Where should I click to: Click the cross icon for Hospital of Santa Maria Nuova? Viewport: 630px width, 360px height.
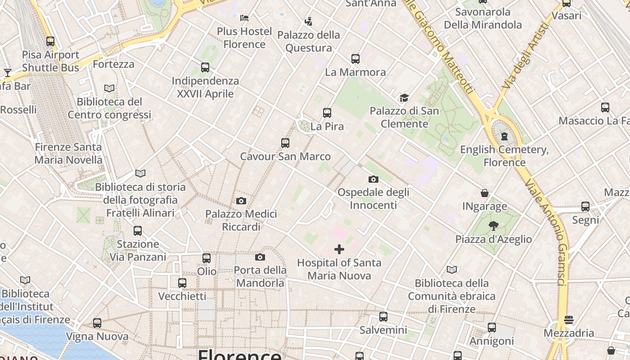pyautogui.click(x=339, y=249)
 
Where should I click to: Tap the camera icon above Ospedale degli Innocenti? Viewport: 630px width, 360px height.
pyautogui.click(x=373, y=179)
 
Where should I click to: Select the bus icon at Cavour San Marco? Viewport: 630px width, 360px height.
pyautogui.click(x=285, y=143)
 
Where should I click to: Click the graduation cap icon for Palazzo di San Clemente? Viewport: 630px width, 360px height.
pyautogui.click(x=404, y=98)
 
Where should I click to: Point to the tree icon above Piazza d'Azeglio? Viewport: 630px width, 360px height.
pyautogui.click(x=494, y=226)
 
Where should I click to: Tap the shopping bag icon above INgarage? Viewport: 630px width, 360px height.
pyautogui.click(x=485, y=193)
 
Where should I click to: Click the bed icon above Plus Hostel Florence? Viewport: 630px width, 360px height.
pyautogui.click(x=244, y=18)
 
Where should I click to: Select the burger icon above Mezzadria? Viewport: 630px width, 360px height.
pyautogui.click(x=569, y=320)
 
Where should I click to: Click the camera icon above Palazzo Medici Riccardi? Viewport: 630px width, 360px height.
pyautogui.click(x=241, y=201)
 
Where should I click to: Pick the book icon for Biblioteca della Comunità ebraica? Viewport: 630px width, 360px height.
pyautogui.click(x=452, y=270)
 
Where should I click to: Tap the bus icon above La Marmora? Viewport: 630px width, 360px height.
pyautogui.click(x=355, y=58)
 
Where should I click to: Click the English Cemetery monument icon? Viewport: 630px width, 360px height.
pyautogui.click(x=504, y=136)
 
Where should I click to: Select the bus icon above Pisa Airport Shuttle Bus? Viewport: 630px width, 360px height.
pyautogui.click(x=50, y=41)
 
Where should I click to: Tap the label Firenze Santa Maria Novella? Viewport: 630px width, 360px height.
pyautogui.click(x=68, y=153)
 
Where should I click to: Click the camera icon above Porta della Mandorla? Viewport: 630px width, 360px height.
pyautogui.click(x=260, y=257)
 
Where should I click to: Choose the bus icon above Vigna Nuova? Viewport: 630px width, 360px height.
pyautogui.click(x=97, y=323)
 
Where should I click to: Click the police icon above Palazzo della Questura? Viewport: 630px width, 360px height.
pyautogui.click(x=308, y=21)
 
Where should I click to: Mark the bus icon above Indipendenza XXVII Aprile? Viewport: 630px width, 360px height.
pyautogui.click(x=205, y=67)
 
